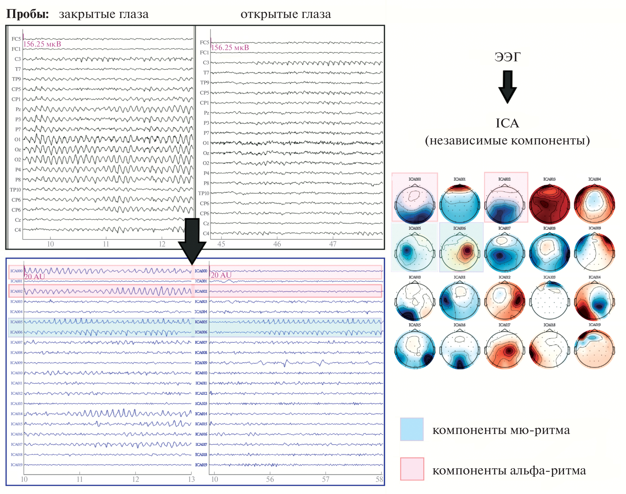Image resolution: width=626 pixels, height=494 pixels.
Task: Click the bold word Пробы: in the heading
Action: (28, 14)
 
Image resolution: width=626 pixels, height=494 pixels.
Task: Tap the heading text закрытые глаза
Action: (104, 14)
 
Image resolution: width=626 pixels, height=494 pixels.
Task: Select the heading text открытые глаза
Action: (286, 14)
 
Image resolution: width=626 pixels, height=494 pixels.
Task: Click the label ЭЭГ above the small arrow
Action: (507, 57)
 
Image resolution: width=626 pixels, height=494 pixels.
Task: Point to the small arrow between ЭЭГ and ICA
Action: (507, 87)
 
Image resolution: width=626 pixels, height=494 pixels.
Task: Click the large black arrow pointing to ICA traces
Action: (192, 241)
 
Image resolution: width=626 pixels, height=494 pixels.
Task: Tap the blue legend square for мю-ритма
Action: (412, 429)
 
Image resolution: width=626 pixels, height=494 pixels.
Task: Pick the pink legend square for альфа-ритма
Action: (412, 469)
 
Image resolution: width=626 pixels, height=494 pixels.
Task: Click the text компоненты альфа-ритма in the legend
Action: (509, 471)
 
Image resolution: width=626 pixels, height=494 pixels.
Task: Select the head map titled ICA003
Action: (549, 204)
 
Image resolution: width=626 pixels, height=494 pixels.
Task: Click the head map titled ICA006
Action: (460, 252)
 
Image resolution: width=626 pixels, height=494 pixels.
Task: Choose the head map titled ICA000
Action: (415, 204)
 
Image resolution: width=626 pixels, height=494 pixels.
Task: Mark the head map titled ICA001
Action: (460, 204)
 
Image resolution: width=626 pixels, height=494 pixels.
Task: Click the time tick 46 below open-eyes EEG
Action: (277, 244)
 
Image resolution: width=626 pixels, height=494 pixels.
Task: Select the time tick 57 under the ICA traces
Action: (326, 480)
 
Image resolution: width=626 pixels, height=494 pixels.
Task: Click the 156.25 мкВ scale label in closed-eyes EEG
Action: (42, 44)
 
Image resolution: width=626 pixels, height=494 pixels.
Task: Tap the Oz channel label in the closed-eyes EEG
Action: (18, 150)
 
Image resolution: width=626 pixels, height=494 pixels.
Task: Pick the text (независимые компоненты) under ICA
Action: (507, 141)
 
